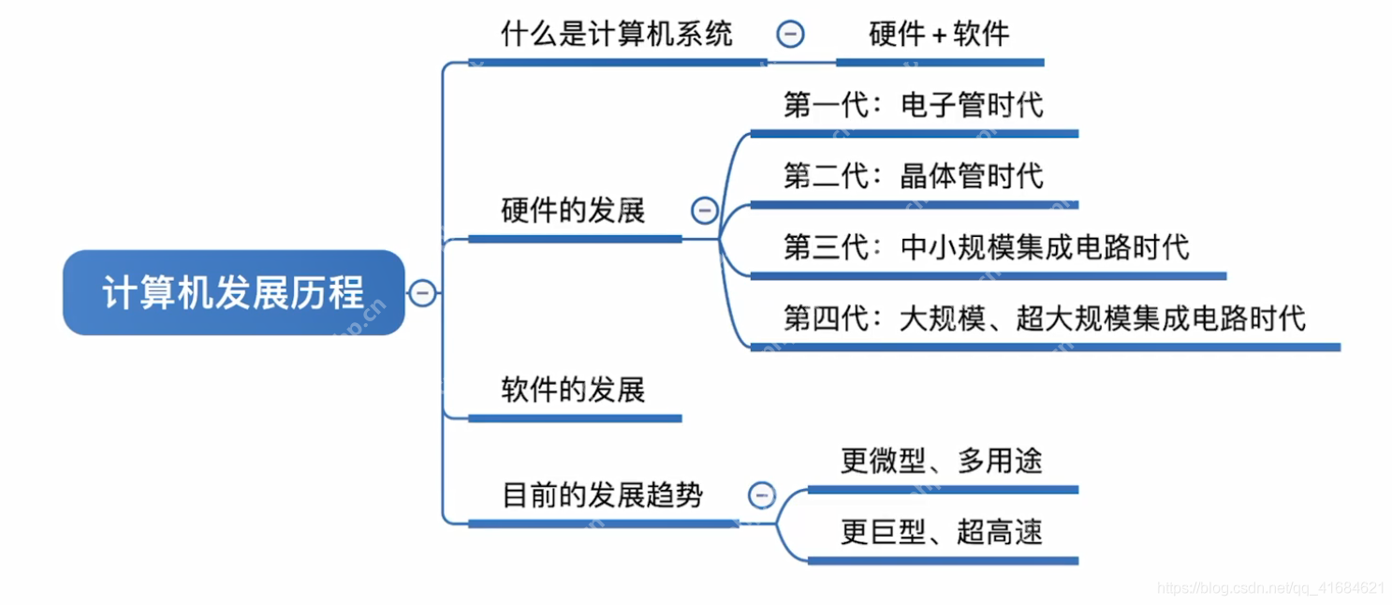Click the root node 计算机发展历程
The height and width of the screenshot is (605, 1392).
233,293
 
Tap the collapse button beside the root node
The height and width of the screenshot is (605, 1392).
422,293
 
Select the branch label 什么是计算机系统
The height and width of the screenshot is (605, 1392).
616,36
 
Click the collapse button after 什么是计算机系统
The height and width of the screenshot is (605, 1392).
790,35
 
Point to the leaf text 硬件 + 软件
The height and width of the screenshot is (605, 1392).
939,36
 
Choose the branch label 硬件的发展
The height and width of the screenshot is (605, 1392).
573,211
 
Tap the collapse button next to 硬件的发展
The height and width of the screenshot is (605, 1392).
705,211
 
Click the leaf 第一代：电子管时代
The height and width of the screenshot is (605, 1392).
913,104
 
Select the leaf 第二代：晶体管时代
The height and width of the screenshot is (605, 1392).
913,175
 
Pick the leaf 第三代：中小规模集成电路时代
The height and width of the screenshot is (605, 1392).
986,246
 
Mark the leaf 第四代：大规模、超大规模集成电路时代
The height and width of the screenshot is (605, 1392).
1044,318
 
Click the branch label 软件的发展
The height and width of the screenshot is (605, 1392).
573,390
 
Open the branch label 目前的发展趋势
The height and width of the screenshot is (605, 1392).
602,494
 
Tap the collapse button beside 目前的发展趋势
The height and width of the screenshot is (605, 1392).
762,494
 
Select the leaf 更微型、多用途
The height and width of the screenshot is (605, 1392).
941,461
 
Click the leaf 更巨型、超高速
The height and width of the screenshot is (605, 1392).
941,532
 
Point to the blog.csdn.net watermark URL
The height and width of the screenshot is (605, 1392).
1270,588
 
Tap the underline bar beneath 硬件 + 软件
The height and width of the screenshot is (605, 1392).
939,63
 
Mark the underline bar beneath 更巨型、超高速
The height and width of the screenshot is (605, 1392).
943,560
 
